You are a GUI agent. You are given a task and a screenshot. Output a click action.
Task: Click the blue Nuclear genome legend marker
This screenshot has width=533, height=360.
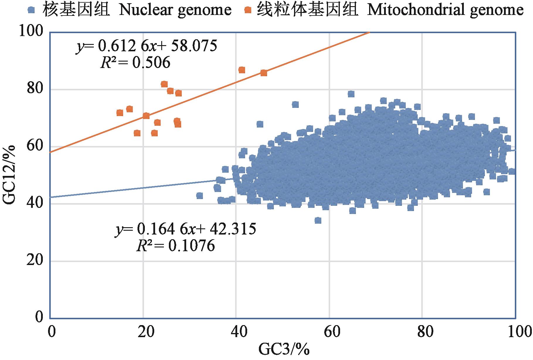31,11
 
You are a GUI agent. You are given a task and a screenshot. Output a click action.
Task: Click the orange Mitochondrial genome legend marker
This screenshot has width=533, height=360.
249,11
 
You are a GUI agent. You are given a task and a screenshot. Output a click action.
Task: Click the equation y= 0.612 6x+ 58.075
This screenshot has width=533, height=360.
147,47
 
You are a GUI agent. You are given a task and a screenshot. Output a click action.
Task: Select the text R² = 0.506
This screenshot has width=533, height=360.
135,62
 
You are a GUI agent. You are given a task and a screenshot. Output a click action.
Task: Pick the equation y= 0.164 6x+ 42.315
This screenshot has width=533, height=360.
186,229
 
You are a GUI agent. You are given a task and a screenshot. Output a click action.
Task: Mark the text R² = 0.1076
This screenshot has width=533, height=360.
176,246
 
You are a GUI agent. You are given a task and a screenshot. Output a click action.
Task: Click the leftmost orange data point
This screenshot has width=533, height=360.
120,113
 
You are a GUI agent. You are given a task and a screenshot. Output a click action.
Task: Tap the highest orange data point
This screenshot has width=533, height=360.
242,70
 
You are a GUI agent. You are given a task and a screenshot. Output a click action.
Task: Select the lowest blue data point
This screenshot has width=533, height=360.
318,220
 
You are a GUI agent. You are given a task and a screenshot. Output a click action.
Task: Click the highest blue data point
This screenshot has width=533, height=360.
351,94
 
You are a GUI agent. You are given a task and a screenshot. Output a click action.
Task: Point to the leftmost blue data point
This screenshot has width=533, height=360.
200,196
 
